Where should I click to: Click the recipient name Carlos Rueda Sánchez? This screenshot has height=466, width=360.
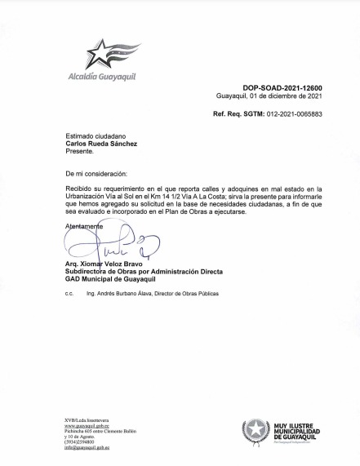click(x=101, y=144)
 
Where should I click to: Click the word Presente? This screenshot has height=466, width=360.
click(x=80, y=151)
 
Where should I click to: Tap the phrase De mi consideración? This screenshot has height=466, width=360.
click(x=96, y=174)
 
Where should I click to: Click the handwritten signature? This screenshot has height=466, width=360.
click(x=102, y=243)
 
